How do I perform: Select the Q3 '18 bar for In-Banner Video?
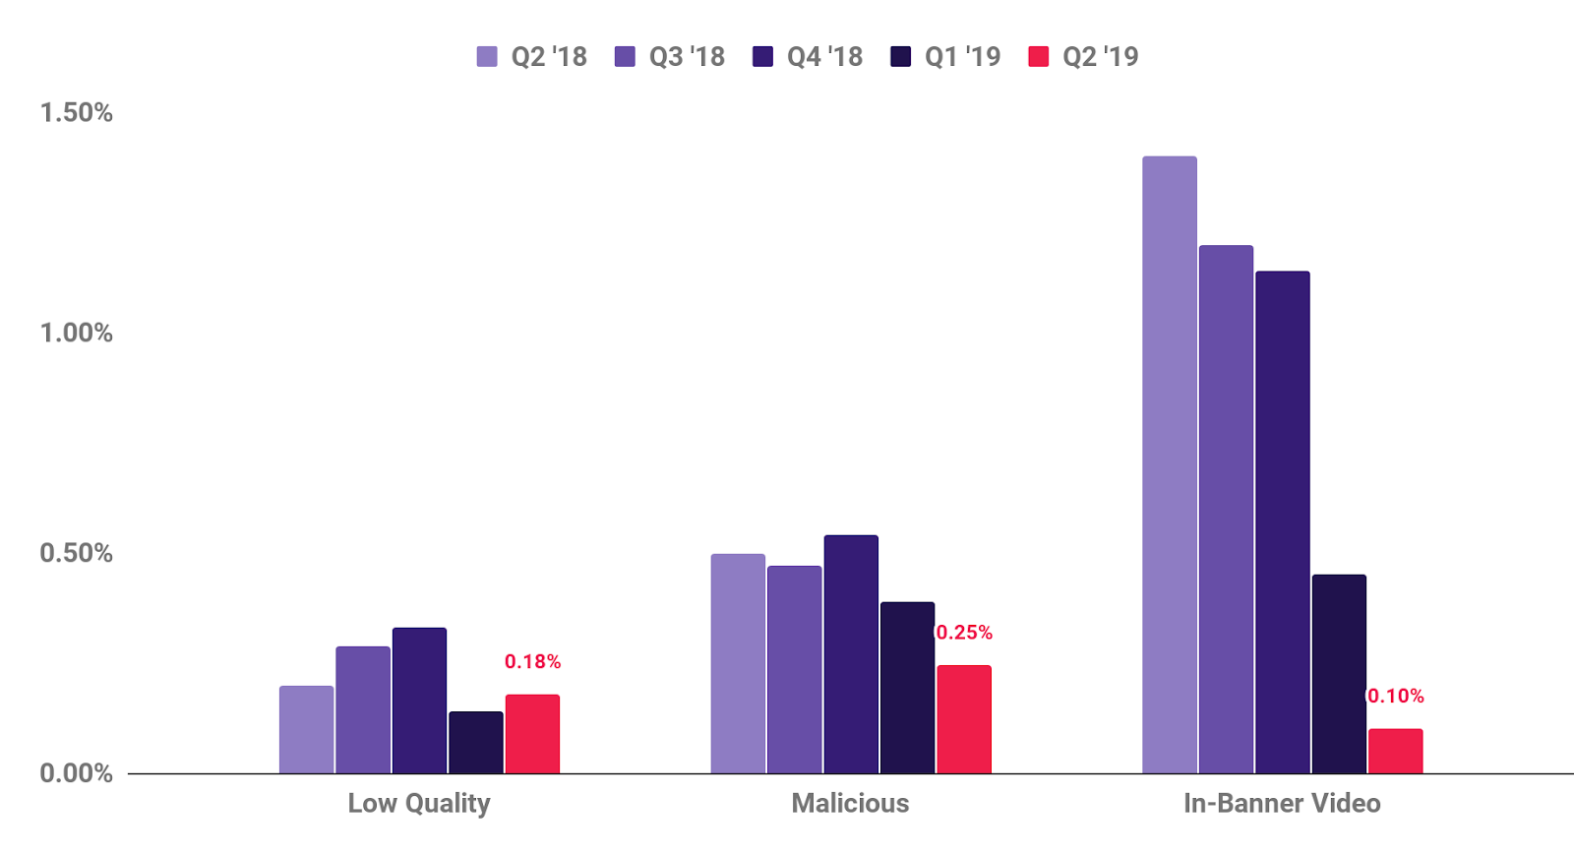click(x=1226, y=509)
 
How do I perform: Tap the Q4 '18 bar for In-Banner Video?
click(x=1282, y=521)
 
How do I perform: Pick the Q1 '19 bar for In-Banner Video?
click(x=1338, y=673)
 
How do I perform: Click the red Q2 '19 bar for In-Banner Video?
click(x=1395, y=751)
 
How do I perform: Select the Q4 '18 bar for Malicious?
click(x=851, y=653)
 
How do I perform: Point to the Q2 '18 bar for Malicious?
click(x=738, y=663)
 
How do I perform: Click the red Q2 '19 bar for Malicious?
click(x=964, y=718)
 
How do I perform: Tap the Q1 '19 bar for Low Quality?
click(x=475, y=742)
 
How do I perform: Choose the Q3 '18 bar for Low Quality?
click(x=363, y=709)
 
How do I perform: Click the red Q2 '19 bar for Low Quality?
click(x=532, y=733)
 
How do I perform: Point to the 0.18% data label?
click(x=532, y=662)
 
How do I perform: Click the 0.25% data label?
click(x=964, y=633)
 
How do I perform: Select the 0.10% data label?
click(x=1396, y=697)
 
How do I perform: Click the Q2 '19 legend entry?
click(x=1083, y=57)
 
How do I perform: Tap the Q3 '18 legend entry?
click(x=670, y=57)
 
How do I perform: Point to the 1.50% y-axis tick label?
click(x=76, y=113)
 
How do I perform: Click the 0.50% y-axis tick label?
click(x=76, y=553)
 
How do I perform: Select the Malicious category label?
click(x=850, y=804)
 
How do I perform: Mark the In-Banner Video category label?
click(x=1282, y=804)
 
